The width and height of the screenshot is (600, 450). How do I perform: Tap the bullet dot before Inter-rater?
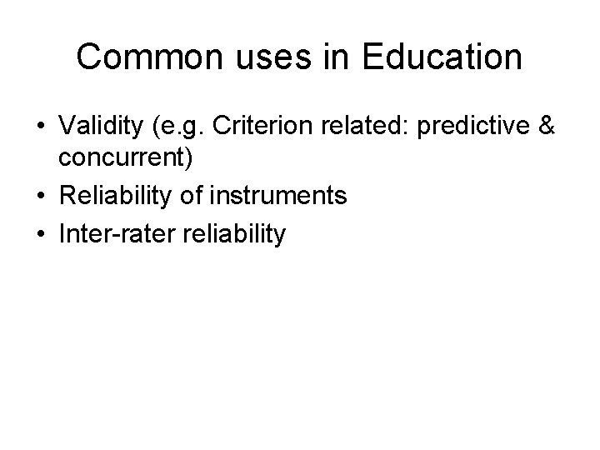coord(40,235)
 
